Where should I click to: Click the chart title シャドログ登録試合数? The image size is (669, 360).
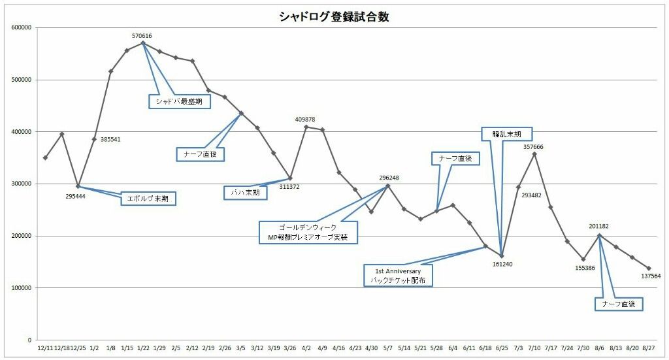point(334,17)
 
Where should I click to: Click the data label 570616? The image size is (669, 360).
point(142,36)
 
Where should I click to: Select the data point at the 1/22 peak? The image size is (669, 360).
point(143,43)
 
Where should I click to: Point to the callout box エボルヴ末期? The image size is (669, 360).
point(149,199)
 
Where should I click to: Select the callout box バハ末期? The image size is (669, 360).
point(245,193)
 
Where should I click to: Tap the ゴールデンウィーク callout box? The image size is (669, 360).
point(308,231)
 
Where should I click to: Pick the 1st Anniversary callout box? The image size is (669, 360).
point(399,276)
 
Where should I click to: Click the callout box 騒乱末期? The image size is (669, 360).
point(506,134)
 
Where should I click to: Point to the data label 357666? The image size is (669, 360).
point(533,147)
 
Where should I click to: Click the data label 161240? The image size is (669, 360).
point(502,265)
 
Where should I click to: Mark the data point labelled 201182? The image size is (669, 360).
point(599,235)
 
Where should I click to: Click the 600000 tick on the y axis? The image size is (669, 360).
point(22,28)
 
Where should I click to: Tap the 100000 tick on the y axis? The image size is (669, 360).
point(22,288)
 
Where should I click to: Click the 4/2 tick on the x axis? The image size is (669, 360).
point(306,349)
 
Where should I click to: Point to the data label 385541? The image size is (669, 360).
point(110,139)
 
